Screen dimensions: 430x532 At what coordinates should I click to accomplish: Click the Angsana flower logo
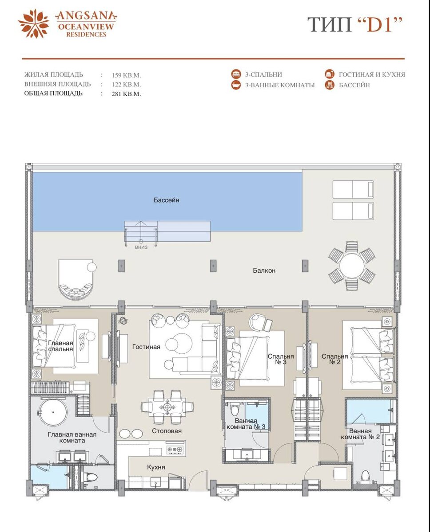[33, 24]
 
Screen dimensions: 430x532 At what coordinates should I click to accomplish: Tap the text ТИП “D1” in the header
[354, 24]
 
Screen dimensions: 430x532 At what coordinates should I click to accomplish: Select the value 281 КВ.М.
[126, 94]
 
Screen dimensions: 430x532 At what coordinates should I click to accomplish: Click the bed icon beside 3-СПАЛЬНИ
[236, 74]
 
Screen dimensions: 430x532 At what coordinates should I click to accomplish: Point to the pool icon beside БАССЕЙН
[330, 85]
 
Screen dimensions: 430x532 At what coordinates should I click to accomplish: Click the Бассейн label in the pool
[166, 200]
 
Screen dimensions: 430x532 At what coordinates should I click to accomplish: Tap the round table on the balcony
[351, 266]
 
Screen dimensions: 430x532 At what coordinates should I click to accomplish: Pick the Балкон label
[264, 270]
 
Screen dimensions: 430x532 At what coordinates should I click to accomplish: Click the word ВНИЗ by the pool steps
[141, 247]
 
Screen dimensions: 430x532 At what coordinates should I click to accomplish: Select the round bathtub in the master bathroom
[53, 412]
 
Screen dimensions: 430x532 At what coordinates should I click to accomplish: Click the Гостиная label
[146, 347]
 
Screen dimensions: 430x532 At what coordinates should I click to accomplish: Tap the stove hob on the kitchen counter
[175, 450]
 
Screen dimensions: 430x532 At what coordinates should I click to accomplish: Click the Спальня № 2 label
[334, 359]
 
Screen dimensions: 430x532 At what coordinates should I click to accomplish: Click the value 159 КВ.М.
[126, 75]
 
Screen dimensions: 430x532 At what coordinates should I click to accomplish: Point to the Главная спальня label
[60, 346]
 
